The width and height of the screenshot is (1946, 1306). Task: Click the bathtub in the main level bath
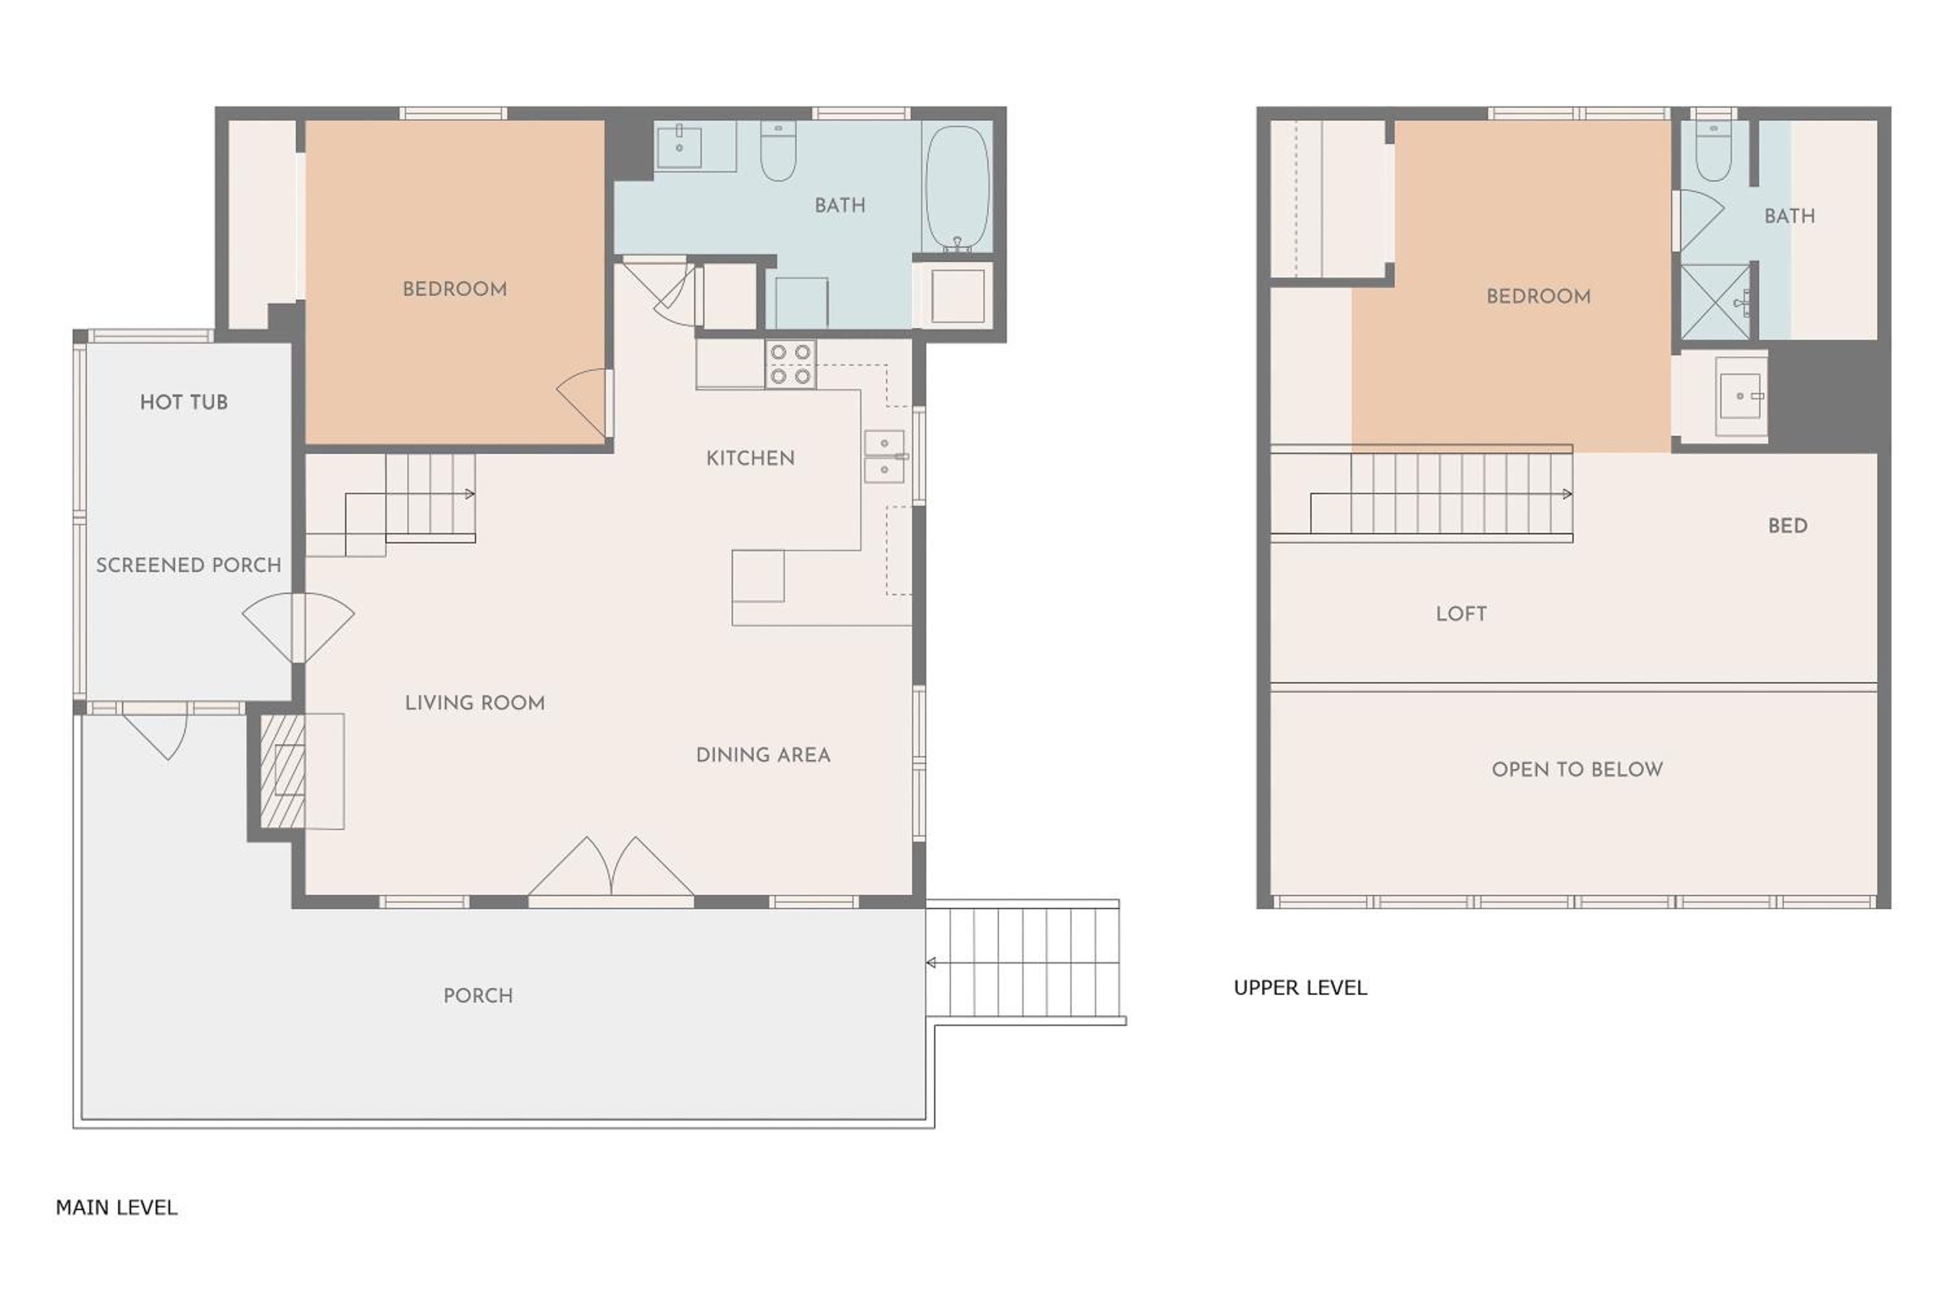pos(957,187)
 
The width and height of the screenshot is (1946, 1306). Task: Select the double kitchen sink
pos(884,457)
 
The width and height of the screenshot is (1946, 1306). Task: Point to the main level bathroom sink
pos(679,147)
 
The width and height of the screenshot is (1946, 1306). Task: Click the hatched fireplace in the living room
pos(283,771)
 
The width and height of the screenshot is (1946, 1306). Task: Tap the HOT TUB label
pos(184,402)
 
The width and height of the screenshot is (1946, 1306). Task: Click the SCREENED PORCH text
pos(188,565)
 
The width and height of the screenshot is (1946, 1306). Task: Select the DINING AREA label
pos(763,755)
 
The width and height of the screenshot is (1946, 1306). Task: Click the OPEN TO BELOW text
pos(1577,769)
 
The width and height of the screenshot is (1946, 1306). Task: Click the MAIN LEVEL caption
pos(117,1207)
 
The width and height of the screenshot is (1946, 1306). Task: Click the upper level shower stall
pos(1715,302)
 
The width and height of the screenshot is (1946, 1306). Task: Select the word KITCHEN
pos(750,458)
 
